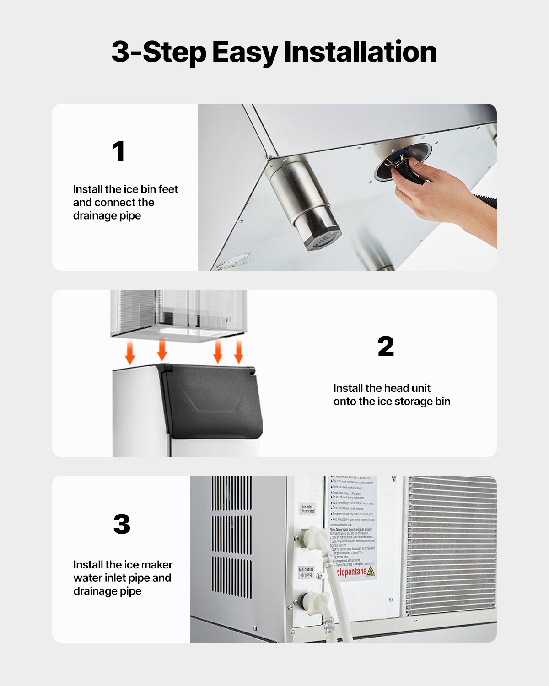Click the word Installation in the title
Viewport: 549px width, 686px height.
click(x=360, y=52)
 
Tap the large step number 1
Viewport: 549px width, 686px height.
click(x=119, y=151)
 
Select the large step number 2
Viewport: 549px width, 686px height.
click(x=386, y=347)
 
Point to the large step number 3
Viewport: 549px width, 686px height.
click(x=122, y=525)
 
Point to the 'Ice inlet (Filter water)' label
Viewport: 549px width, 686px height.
click(x=307, y=509)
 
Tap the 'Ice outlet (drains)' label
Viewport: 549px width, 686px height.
click(x=306, y=572)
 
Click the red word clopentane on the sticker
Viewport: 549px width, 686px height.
click(x=351, y=572)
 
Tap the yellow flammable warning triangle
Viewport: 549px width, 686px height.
click(x=371, y=571)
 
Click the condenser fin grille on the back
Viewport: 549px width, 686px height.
click(x=451, y=544)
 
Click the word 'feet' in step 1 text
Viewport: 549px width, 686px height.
click(x=168, y=189)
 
